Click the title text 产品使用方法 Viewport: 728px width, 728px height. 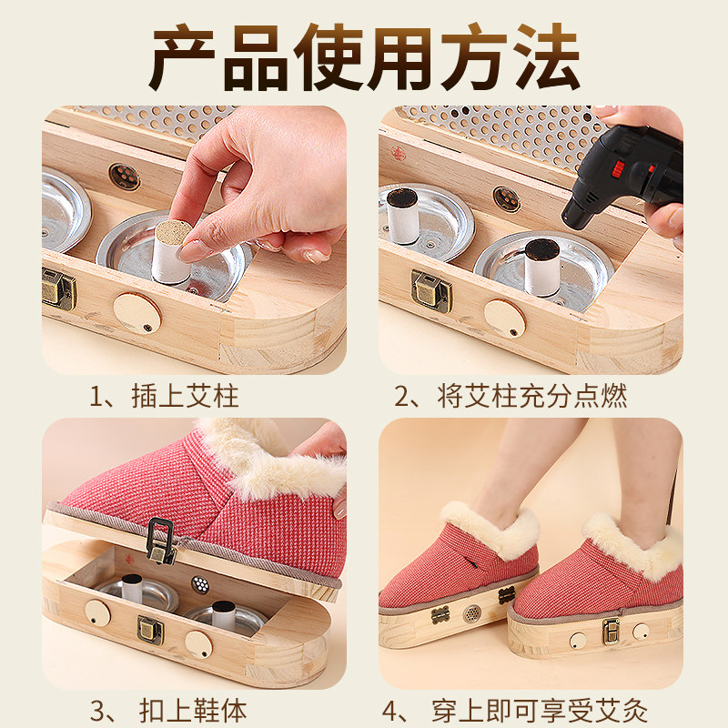pos(364,56)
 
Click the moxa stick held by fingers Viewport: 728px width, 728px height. pos(170,244)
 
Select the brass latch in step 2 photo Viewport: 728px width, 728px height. pos(430,289)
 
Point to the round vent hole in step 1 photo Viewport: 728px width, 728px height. pos(125,176)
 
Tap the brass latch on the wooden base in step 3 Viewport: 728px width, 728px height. pos(149,629)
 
